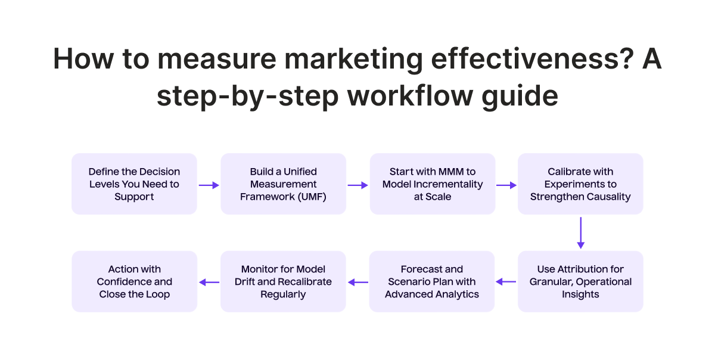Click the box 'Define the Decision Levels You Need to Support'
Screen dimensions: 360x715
tap(134, 184)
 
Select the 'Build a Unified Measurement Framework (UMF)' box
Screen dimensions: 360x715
tap(283, 184)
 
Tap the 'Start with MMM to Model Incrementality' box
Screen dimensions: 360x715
tap(432, 184)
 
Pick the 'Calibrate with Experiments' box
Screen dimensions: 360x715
tap(580, 184)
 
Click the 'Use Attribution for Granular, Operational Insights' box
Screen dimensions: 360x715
tap(580, 281)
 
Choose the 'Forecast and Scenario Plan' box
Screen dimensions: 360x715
tap(432, 281)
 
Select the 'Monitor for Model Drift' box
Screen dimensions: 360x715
tap(283, 281)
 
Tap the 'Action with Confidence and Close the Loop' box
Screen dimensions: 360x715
tap(134, 281)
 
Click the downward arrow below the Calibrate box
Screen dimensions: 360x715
tap(580, 232)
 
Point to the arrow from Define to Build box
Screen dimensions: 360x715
tap(209, 185)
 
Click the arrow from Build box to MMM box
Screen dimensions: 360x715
tap(357, 185)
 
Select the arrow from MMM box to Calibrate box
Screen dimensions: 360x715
tap(506, 185)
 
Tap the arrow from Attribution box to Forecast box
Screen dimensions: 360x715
tap(506, 282)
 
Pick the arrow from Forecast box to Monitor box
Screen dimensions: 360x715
tap(357, 282)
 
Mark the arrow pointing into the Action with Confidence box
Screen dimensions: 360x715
tap(209, 282)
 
